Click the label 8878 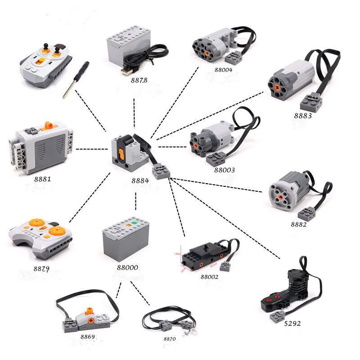(x=127, y=81)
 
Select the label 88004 (x=223, y=69)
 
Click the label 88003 (x=225, y=170)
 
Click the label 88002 (x=209, y=277)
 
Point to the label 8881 (x=42, y=179)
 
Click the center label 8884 (x=140, y=181)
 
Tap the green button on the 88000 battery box (x=133, y=223)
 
